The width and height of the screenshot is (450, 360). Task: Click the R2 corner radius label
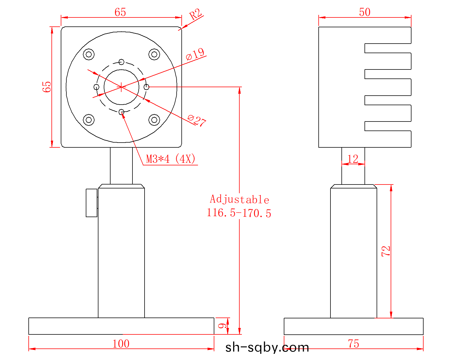pos(195,14)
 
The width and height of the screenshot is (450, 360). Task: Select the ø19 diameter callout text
pos(195,54)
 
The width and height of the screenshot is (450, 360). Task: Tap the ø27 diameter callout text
pos(197,120)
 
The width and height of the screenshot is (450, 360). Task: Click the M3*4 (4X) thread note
pos(171,159)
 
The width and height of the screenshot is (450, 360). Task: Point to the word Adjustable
pos(239,199)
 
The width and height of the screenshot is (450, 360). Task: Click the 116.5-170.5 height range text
pos(239,213)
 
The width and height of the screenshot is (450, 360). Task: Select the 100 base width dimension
pos(121,344)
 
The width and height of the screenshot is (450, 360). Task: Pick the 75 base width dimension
pos(354,344)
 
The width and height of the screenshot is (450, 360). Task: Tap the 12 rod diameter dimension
pos(353,159)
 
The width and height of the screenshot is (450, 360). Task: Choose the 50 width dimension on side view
pos(365,12)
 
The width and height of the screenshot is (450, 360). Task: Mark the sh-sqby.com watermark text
pos(267,348)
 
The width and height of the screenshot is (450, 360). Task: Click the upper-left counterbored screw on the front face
pos(89,54)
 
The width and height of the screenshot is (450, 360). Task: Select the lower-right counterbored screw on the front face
pos(154,120)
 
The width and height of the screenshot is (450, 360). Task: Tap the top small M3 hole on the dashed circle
pos(121,62)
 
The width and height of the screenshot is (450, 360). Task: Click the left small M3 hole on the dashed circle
pos(96,87)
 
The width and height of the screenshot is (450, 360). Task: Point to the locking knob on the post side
pos(92,203)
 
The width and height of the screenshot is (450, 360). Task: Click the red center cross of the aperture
pos(121,87)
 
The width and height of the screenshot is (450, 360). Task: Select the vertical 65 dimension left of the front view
pos(47,87)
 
